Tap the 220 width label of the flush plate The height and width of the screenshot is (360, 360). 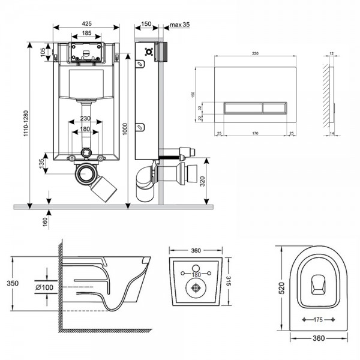tap(255, 55)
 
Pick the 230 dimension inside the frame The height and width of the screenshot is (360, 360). tap(87, 119)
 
